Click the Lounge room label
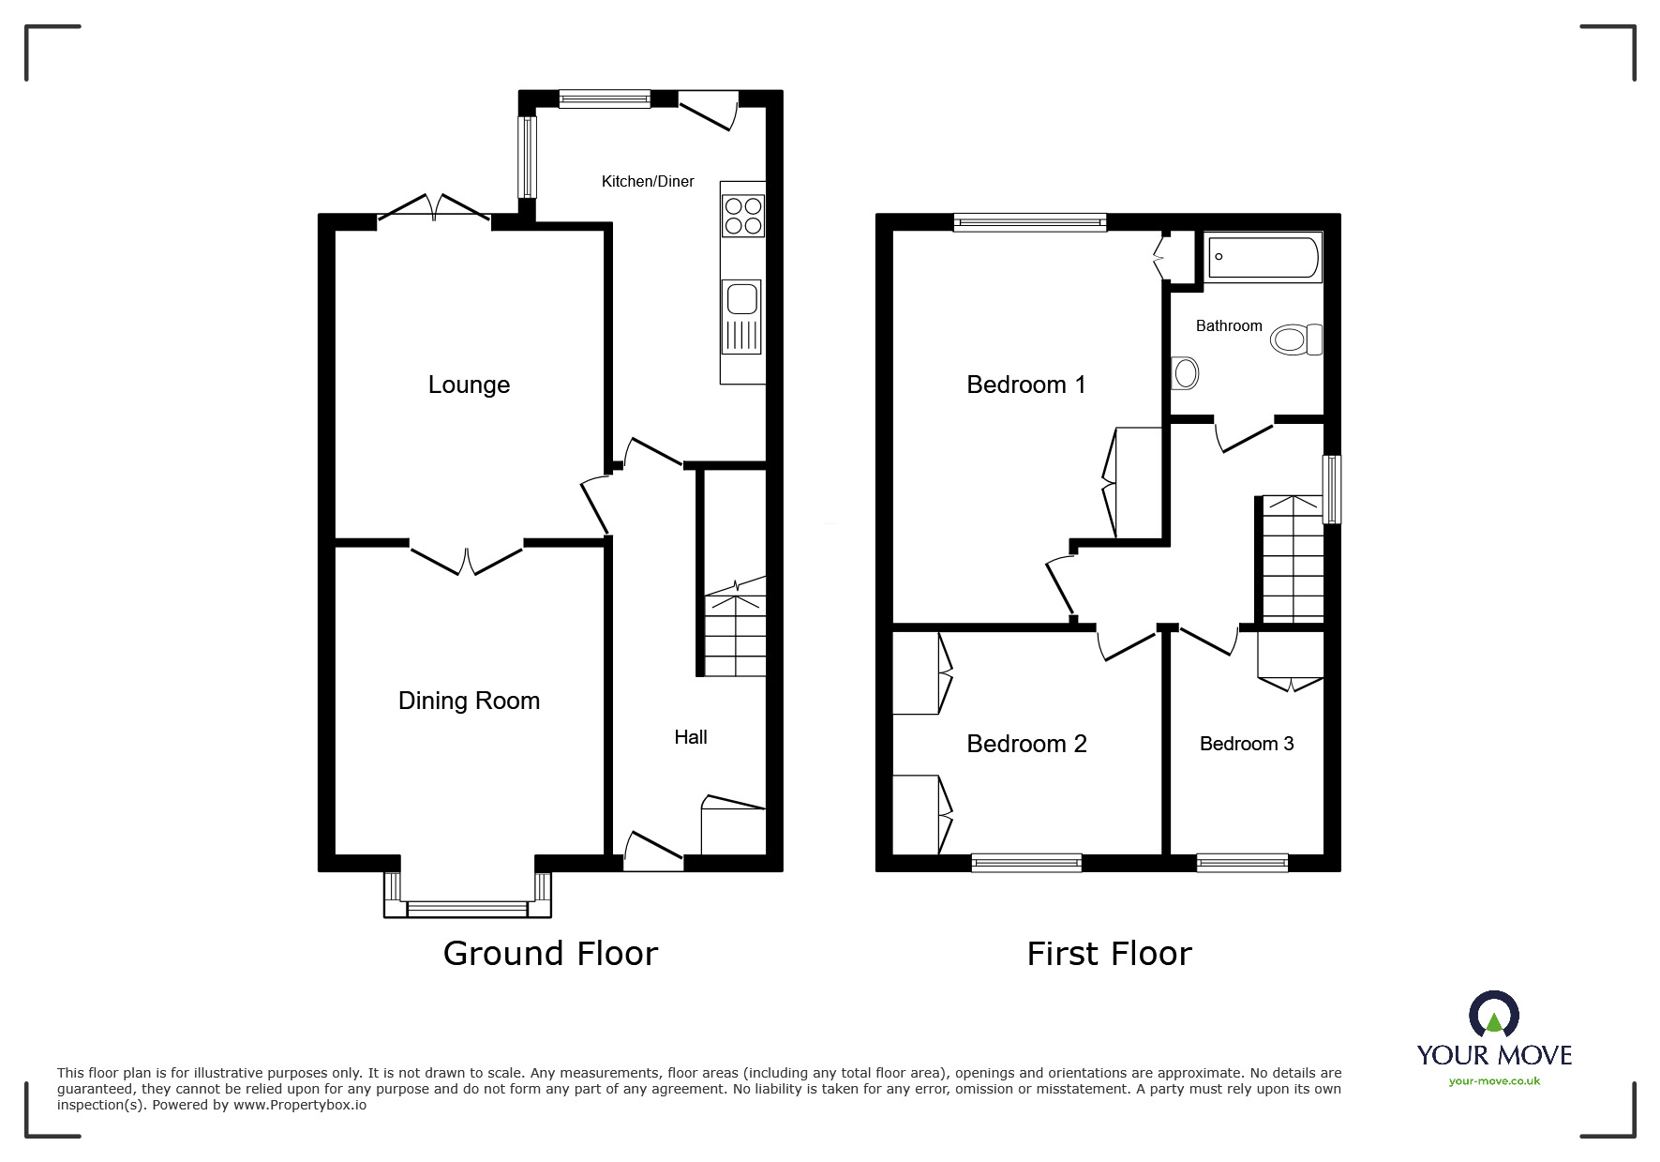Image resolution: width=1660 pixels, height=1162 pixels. tap(469, 385)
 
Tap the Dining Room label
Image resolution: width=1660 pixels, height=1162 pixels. tap(469, 701)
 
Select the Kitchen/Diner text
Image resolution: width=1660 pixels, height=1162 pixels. tap(648, 181)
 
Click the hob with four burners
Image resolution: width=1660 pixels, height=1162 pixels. tap(743, 216)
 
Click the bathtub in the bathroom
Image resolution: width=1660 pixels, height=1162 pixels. tap(1264, 257)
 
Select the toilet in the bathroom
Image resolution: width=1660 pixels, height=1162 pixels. tap(1296, 340)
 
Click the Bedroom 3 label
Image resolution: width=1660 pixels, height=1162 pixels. tap(1247, 744)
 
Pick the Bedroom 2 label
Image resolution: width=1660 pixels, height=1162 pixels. tap(1026, 744)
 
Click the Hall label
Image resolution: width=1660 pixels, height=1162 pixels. tap(691, 737)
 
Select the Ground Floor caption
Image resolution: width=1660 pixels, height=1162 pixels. tap(550, 953)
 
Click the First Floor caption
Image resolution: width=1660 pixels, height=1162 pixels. tap(1109, 954)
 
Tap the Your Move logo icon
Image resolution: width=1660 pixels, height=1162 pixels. tap(1493, 1016)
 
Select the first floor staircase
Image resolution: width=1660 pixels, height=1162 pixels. tap(1294, 559)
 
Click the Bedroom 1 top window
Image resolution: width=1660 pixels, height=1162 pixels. tap(1030, 222)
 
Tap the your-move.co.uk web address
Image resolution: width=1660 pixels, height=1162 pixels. tap(1494, 1081)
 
